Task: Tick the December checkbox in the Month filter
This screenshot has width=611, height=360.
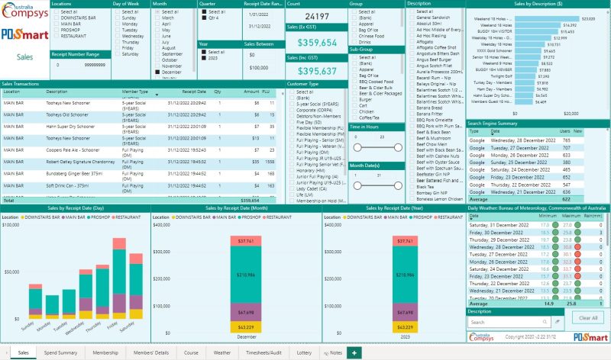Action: pyautogui.click(x=157, y=72)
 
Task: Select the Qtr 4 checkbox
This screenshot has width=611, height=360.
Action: pyautogui.click(x=204, y=19)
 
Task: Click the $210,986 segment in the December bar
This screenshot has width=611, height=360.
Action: pyautogui.click(x=246, y=274)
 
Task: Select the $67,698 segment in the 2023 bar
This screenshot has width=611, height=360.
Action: pyautogui.click(x=406, y=291)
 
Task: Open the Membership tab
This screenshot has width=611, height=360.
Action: pyautogui.click(x=105, y=353)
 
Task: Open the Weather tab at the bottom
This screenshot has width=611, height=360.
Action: pyautogui.click(x=222, y=353)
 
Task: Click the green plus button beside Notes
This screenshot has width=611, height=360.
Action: pyautogui.click(x=354, y=353)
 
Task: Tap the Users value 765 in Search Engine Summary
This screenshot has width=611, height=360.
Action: pyautogui.click(x=567, y=140)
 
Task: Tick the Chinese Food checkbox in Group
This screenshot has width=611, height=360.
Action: pyautogui.click(x=354, y=35)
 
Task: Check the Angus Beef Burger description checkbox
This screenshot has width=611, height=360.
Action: pyautogui.click(x=411, y=61)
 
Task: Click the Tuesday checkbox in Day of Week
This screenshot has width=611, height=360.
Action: pyautogui.click(x=117, y=29)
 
